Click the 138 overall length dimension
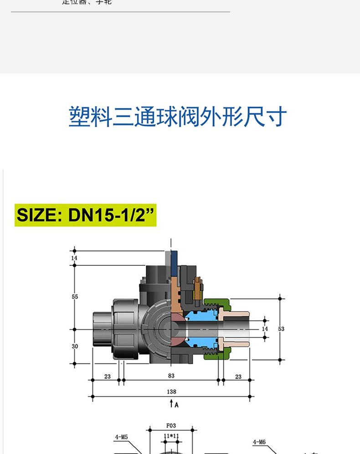click(171, 392)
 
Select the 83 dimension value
click(171, 376)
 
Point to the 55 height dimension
click(75, 297)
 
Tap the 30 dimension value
click(75, 346)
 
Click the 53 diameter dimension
click(281, 329)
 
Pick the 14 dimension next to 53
click(265, 329)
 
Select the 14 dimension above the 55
click(75, 258)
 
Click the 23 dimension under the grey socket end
click(107, 377)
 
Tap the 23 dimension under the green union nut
click(238, 377)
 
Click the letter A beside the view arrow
click(176, 404)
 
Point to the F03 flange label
click(171, 426)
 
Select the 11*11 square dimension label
click(171, 436)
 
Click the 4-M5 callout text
click(121, 437)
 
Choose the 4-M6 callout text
click(259, 442)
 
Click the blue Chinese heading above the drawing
click(178, 117)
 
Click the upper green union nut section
click(217, 303)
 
